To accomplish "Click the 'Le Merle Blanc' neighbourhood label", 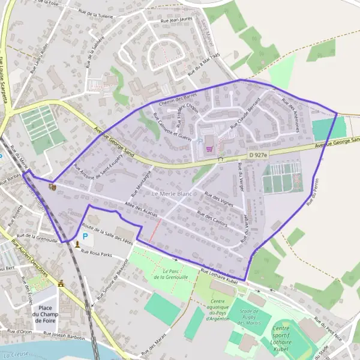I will (x=172, y=194).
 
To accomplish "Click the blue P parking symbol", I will (x=85, y=236).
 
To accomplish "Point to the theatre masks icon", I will (x=51, y=187).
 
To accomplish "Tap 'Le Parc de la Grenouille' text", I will (x=167, y=274).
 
